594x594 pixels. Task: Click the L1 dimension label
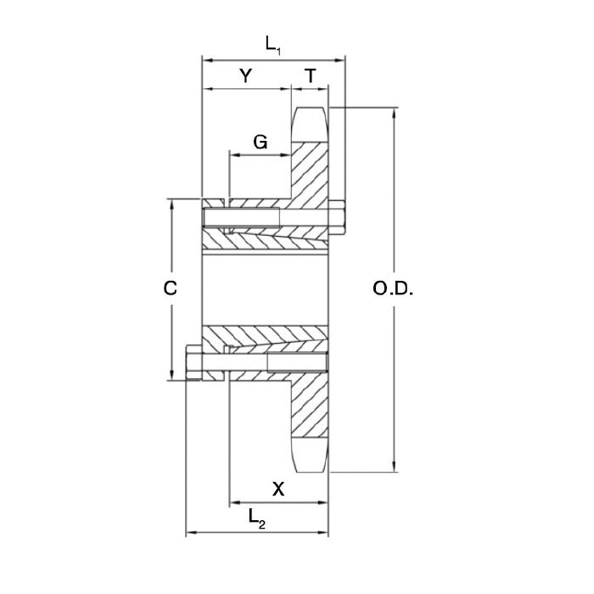pyautogui.click(x=272, y=45)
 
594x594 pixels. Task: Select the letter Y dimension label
pyautogui.click(x=245, y=76)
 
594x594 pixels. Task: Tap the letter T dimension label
pyautogui.click(x=311, y=76)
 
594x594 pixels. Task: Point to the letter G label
pyautogui.click(x=261, y=141)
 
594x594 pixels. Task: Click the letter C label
pyautogui.click(x=171, y=289)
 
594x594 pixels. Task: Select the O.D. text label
pyautogui.click(x=393, y=289)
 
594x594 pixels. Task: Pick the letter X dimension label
pyautogui.click(x=277, y=489)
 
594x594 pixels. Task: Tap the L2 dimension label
pyautogui.click(x=256, y=518)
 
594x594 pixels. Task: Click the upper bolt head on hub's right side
pyautogui.click(x=338, y=216)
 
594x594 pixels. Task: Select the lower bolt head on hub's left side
pyautogui.click(x=193, y=361)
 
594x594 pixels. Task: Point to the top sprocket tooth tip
pyautogui.click(x=311, y=111)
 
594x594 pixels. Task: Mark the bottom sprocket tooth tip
pyautogui.click(x=311, y=467)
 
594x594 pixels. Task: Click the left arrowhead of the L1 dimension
pyautogui.click(x=205, y=59)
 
